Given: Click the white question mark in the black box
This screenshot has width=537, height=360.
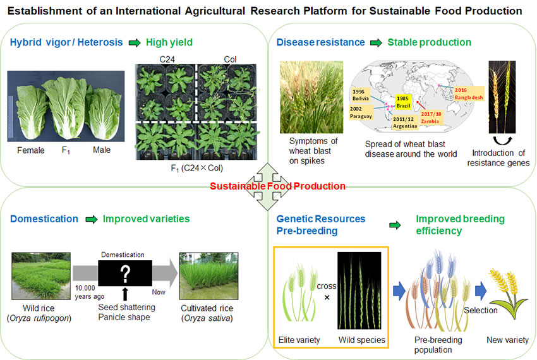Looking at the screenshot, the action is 125,273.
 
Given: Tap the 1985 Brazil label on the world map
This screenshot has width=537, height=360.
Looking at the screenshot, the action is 403,102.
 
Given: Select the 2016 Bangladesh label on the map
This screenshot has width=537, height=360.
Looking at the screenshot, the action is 469,94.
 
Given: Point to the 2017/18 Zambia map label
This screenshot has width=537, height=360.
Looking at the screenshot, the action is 431,117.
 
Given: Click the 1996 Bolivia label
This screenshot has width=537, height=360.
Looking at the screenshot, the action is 361,95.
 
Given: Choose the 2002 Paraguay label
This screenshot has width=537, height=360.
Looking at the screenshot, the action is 361,112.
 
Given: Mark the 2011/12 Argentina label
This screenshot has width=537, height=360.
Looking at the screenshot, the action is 405,123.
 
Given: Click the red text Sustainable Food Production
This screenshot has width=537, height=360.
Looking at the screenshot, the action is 277,186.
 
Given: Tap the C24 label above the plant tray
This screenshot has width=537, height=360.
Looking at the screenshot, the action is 167,59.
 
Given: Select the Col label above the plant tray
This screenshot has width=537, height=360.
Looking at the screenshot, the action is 230,59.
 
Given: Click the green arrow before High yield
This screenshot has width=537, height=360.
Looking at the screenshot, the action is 135,43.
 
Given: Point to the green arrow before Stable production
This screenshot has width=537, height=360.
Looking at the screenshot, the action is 376,43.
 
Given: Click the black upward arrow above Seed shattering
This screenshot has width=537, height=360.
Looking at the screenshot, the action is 125,294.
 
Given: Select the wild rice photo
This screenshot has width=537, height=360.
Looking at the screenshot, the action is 41,276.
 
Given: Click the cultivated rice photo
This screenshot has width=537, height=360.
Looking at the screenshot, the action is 208,276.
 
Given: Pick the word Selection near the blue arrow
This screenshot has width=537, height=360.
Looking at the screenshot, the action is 481,310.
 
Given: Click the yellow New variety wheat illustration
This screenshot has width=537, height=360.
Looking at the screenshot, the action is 507,293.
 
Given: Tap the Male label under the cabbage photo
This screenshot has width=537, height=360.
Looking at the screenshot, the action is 102,150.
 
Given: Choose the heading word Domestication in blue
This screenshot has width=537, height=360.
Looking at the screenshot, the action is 44,219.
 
